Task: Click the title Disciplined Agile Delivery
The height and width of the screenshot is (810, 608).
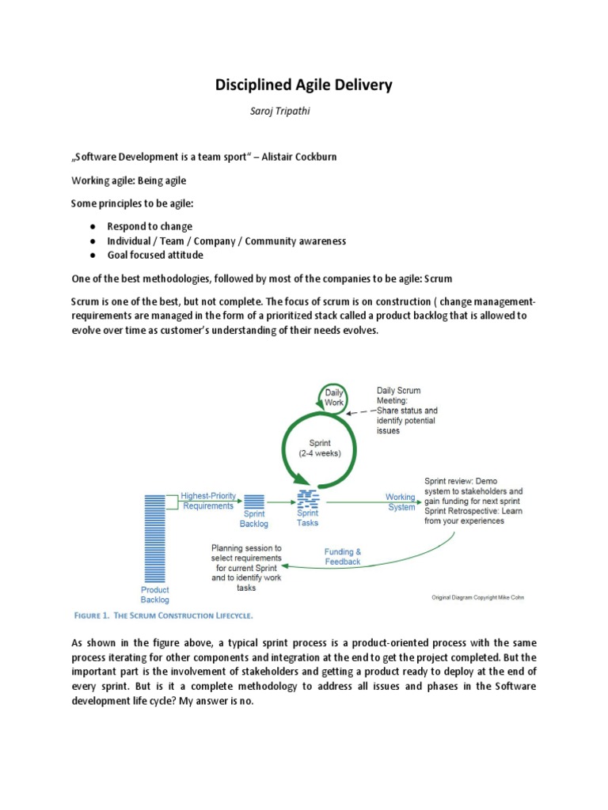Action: (304, 85)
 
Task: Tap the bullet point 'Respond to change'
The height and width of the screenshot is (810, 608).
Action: (150, 226)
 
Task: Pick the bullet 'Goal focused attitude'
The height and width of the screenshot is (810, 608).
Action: (155, 255)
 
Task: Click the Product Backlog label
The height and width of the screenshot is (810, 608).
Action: (154, 595)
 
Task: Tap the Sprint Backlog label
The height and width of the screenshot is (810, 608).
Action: (254, 519)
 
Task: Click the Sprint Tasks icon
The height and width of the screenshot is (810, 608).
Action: (307, 498)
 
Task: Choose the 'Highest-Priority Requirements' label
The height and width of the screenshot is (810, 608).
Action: (208, 501)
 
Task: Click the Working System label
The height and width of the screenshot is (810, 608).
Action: (401, 502)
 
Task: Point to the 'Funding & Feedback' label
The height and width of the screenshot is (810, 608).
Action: (342, 556)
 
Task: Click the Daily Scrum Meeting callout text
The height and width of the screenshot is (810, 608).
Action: (407, 411)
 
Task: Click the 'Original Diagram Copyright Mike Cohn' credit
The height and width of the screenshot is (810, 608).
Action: (477, 597)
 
